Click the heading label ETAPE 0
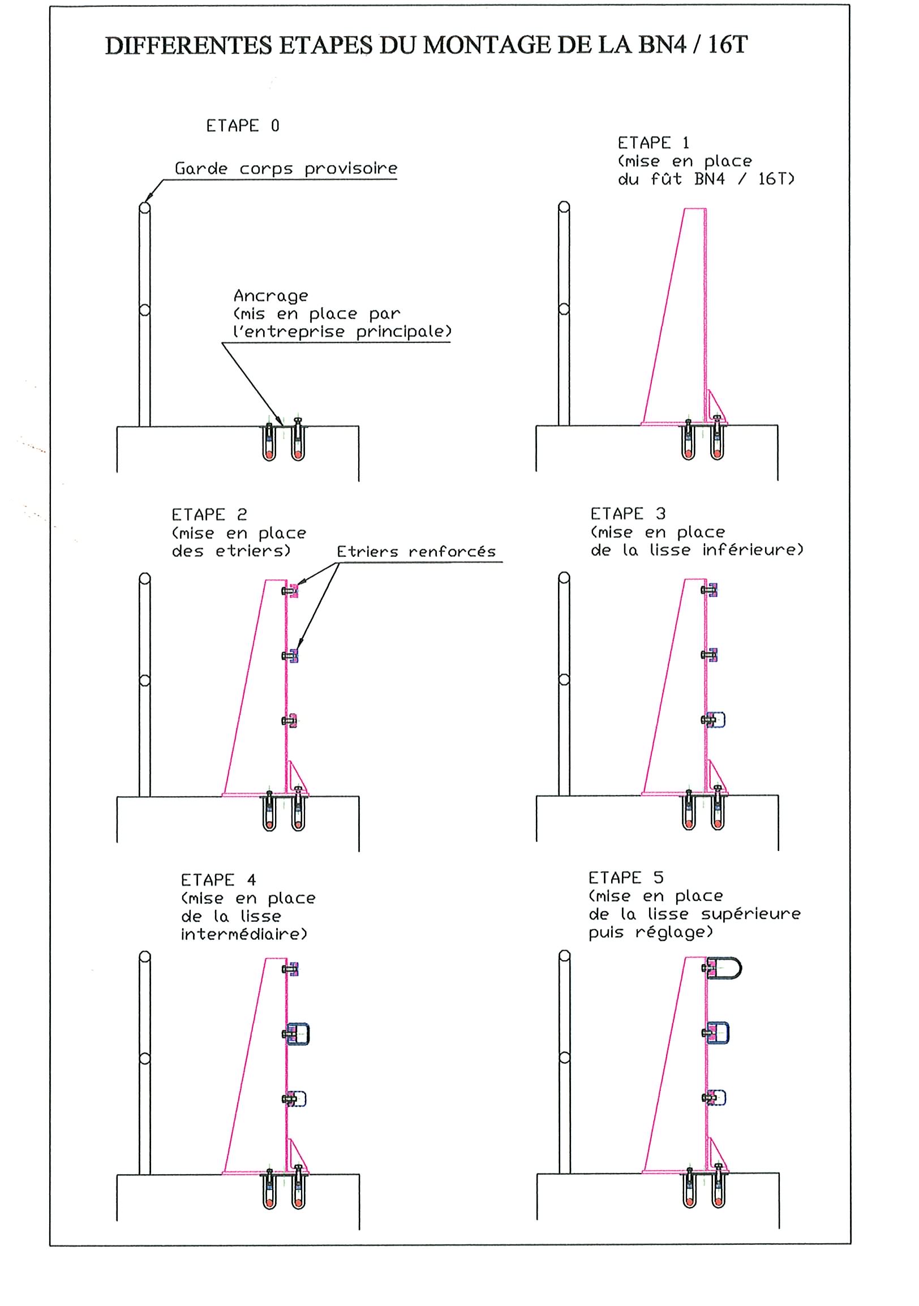pos(242,126)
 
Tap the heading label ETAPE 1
pos(654,143)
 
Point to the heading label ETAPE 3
pos(628,514)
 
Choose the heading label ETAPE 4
pos(218,880)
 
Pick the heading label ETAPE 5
pos(626,878)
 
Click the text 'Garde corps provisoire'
pos(285,169)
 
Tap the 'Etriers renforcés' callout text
pos(416,552)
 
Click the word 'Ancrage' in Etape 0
pos(270,296)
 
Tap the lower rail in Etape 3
pos(718,720)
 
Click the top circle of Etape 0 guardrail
pos(144,208)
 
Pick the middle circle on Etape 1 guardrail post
pos(564,309)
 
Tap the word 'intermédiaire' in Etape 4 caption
pos(243,935)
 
